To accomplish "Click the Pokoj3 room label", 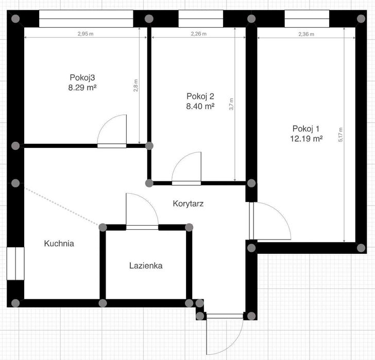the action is [82, 77].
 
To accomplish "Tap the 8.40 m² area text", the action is [200, 106].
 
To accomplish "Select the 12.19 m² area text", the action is [306, 139].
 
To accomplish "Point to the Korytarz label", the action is [188, 203].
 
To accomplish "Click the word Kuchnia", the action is [59, 244].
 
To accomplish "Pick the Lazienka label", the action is [146, 266].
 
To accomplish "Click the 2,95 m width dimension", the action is [86, 34].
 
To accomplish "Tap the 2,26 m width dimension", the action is [198, 34].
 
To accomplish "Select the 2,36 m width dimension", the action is [306, 34].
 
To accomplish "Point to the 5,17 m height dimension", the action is [340, 134].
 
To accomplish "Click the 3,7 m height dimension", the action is [231, 104].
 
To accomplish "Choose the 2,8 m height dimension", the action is [135, 85].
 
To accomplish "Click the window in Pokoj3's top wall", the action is [86, 19].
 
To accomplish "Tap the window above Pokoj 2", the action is [201, 19].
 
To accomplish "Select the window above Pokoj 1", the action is [307, 19].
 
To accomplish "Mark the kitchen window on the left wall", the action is [15, 263].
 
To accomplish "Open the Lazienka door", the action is [142, 227].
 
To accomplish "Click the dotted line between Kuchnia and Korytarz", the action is [61, 207].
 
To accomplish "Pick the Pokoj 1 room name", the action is [306, 129].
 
